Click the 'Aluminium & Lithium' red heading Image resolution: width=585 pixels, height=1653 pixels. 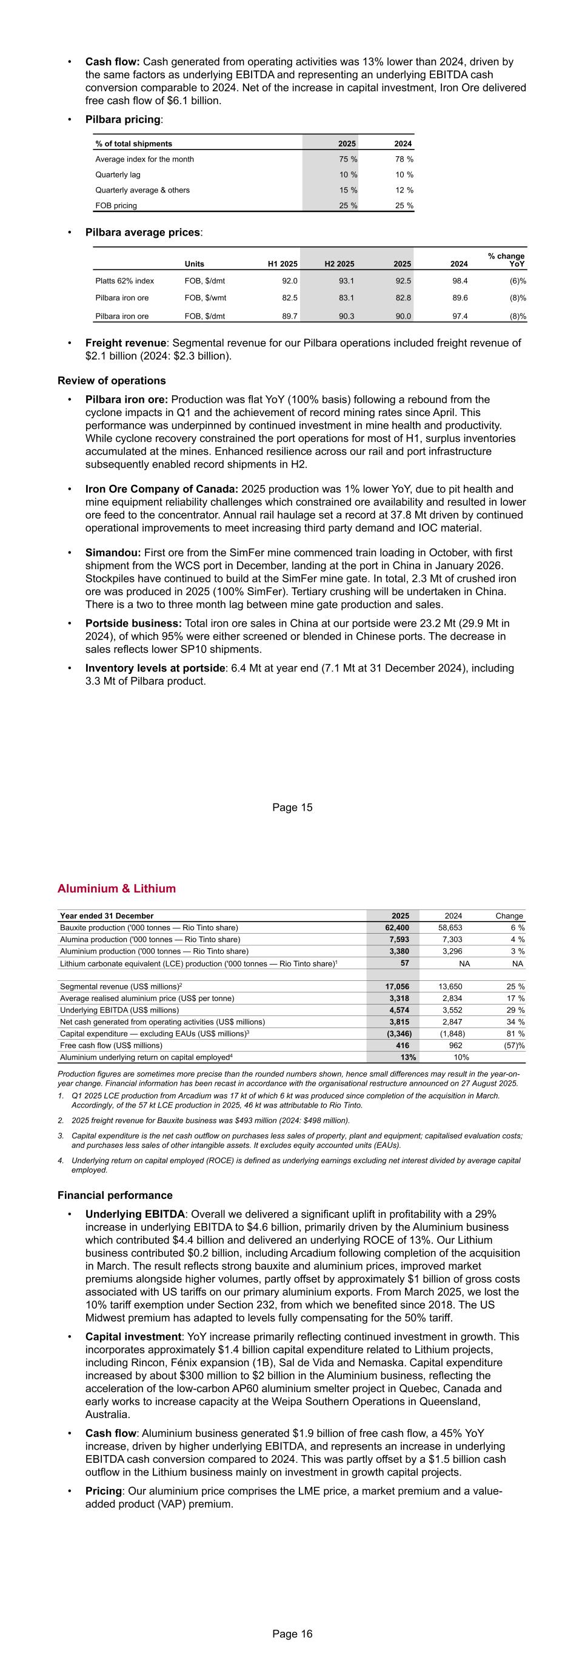click(x=116, y=888)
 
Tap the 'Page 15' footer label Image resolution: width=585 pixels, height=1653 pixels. click(x=292, y=807)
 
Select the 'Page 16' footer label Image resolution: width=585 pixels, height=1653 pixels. click(x=292, y=1634)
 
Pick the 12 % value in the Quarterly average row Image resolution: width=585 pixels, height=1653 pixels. click(x=404, y=190)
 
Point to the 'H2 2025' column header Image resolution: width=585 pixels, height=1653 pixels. click(x=339, y=264)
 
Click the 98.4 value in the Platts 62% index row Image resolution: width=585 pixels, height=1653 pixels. click(x=458, y=281)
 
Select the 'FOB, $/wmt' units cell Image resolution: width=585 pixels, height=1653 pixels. click(x=206, y=298)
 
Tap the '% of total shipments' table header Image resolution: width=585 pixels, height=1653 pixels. click(x=133, y=144)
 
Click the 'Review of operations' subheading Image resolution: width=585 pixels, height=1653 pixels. click(x=112, y=380)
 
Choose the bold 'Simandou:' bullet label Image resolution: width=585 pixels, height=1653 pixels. click(x=113, y=552)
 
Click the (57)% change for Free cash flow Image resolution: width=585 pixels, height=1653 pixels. click(x=513, y=1045)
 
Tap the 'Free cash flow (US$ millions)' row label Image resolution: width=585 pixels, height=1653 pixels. click(x=111, y=1045)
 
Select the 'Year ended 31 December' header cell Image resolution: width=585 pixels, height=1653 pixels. click(x=107, y=916)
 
